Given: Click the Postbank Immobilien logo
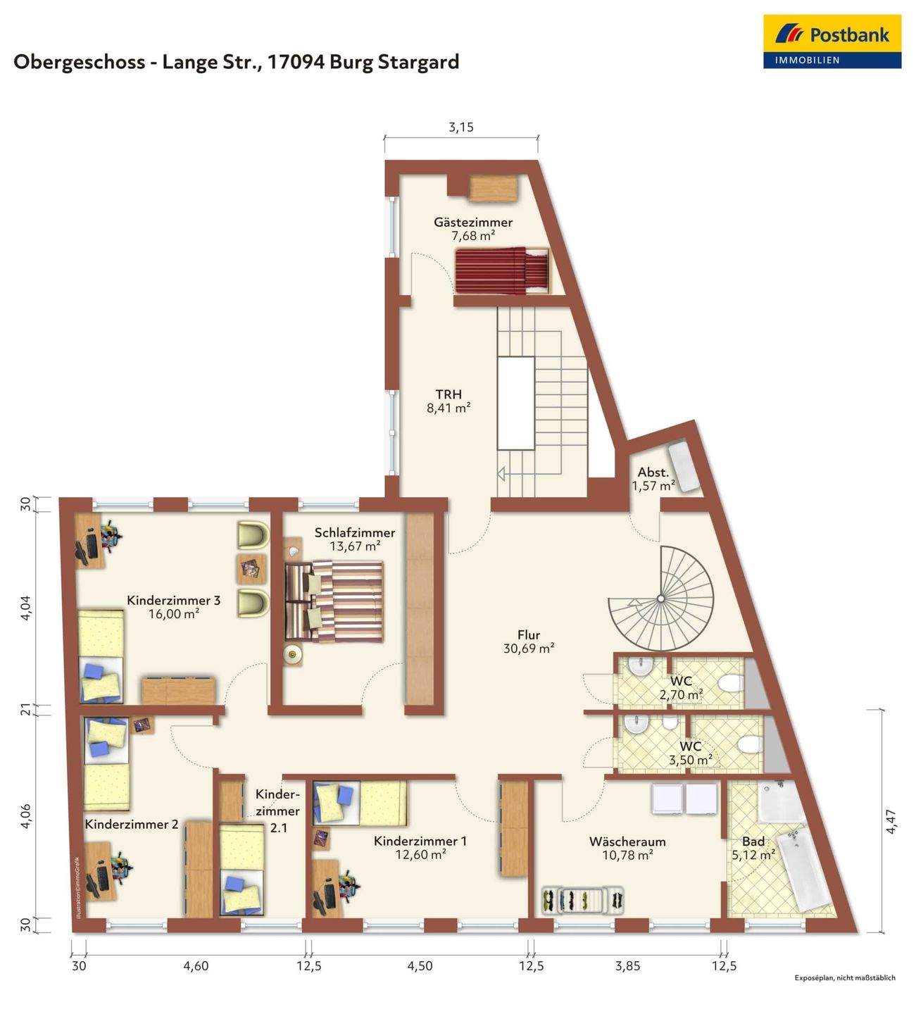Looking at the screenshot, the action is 832,42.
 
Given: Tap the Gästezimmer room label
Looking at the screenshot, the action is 472,222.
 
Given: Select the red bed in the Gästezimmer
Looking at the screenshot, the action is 502,270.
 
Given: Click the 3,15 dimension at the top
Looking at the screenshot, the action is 461,127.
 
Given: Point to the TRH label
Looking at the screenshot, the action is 449,394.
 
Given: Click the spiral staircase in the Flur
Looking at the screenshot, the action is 660,599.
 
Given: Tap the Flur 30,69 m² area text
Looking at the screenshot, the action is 529,648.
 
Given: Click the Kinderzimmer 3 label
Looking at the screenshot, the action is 173,601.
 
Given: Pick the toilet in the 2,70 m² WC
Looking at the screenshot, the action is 730,684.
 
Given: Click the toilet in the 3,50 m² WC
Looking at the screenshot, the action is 749,745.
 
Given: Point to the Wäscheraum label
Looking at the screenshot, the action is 627,841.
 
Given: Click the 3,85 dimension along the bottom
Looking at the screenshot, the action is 627,966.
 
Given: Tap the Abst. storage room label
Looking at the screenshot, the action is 653,472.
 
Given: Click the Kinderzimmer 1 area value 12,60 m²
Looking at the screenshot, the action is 420,854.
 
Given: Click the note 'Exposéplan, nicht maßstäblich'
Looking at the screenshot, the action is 845,991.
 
